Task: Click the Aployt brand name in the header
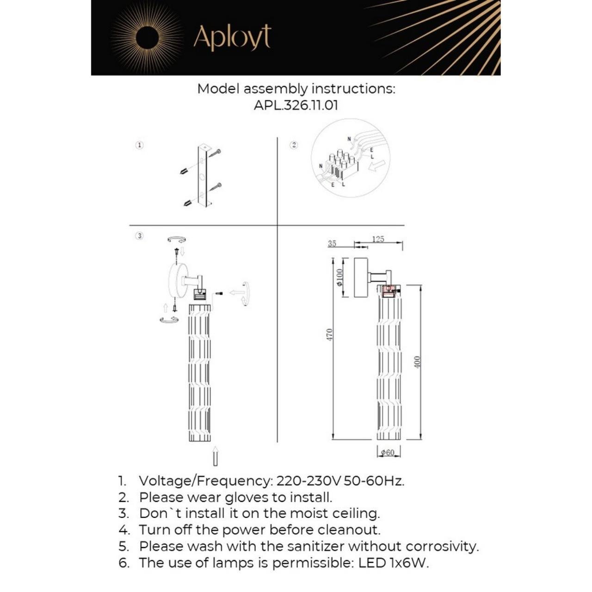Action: click(x=232, y=37)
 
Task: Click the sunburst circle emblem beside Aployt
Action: click(x=147, y=37)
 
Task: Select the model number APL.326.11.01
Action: click(x=296, y=105)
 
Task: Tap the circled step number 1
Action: click(x=139, y=145)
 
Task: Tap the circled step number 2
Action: click(x=294, y=145)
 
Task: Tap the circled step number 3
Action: click(x=139, y=236)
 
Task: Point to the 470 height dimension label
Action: click(x=329, y=334)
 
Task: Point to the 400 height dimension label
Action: click(x=417, y=362)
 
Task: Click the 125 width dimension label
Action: click(x=378, y=239)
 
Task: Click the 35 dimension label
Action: click(x=332, y=243)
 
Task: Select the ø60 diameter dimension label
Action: click(x=388, y=452)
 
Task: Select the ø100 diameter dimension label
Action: click(x=340, y=277)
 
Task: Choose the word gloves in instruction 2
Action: click(x=247, y=498)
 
